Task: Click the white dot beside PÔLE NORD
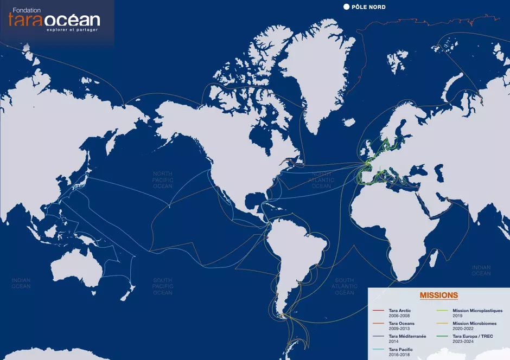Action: coord(346,7)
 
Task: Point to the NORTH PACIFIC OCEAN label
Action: coord(162,179)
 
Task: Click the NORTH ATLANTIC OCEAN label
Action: coord(321,179)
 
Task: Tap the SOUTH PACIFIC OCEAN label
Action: coord(162,286)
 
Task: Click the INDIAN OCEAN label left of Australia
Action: coord(21,283)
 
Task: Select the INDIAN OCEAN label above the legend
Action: coord(481,270)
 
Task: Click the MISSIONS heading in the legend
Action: coord(438,295)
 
